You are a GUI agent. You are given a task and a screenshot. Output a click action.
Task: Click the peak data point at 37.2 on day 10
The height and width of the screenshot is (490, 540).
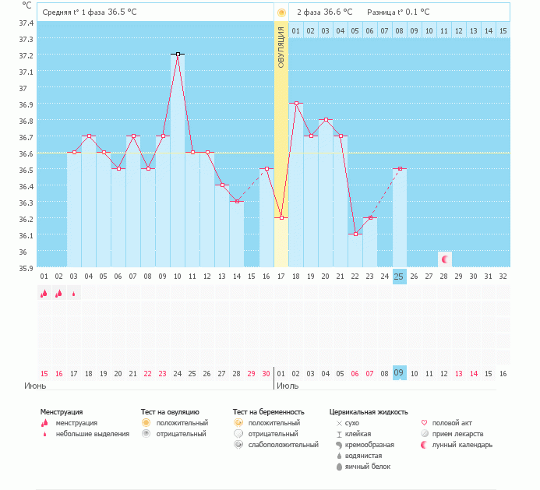(x=178, y=55)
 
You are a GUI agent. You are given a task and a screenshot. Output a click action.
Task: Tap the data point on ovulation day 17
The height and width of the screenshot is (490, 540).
(x=281, y=218)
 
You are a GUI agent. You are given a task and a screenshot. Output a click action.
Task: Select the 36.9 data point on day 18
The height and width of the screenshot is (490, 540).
(x=296, y=104)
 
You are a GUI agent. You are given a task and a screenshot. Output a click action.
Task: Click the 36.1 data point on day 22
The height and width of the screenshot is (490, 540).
(x=355, y=234)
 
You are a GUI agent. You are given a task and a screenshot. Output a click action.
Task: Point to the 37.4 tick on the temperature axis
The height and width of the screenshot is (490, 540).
(x=26, y=23)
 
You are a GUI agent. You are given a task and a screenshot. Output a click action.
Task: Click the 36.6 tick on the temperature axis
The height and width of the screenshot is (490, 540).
(x=26, y=153)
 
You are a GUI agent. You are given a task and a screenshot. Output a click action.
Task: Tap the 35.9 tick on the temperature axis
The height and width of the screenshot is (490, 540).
(x=26, y=268)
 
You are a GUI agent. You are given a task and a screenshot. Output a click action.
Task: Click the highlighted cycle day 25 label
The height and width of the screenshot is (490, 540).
(x=399, y=277)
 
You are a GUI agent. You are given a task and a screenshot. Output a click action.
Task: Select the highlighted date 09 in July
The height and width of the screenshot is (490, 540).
(x=399, y=373)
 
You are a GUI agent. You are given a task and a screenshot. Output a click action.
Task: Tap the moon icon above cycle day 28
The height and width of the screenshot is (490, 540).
(x=444, y=259)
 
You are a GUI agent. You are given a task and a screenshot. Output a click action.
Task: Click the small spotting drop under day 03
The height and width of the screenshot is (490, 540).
(x=74, y=294)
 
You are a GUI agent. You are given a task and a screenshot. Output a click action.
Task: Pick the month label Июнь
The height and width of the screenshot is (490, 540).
(x=34, y=386)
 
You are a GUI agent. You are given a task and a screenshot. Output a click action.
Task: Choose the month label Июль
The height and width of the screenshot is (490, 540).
(x=288, y=386)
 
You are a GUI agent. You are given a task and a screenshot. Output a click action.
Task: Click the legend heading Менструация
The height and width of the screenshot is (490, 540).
(x=62, y=411)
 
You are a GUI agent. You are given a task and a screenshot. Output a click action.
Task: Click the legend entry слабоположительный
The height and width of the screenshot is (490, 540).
(x=283, y=444)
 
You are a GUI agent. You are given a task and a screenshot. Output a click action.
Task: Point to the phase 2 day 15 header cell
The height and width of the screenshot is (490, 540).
(x=503, y=30)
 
